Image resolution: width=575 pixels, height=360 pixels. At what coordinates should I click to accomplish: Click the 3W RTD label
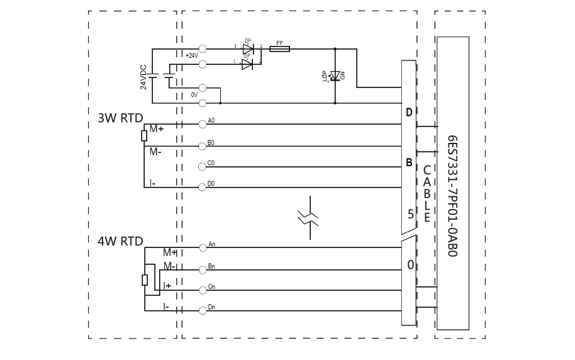(x=120, y=118)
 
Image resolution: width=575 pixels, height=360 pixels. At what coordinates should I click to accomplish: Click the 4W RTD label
(x=120, y=241)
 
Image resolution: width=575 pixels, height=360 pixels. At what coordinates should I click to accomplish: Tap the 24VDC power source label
(x=143, y=77)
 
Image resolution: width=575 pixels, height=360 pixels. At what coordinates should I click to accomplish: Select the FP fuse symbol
(x=279, y=49)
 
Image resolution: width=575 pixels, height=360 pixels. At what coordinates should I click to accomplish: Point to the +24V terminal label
(x=193, y=55)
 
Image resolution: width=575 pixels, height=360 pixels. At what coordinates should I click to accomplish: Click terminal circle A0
(x=203, y=124)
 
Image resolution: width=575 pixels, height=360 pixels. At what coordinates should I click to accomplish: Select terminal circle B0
(x=203, y=145)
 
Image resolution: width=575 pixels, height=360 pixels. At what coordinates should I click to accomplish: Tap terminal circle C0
(x=203, y=166)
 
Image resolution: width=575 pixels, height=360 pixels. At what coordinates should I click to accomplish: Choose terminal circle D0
(x=203, y=187)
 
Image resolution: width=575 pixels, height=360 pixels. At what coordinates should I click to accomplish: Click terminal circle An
(x=203, y=247)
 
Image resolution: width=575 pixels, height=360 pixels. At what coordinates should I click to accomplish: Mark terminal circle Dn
(x=203, y=310)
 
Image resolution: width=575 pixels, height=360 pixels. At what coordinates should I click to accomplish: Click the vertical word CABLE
(x=427, y=194)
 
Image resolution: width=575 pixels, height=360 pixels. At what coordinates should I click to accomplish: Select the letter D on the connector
(x=409, y=113)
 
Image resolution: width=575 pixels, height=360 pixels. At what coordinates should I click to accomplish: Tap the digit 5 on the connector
(x=410, y=213)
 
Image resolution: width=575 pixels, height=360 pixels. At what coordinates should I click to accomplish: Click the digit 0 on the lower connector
(x=410, y=265)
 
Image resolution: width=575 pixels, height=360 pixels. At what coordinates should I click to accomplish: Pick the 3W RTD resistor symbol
(x=144, y=133)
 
